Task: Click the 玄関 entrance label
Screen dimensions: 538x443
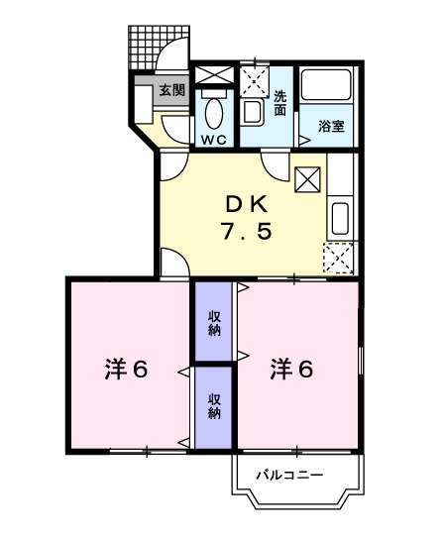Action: click(x=170, y=89)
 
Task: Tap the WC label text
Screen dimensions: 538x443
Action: click(x=213, y=140)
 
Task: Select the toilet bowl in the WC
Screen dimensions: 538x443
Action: click(x=213, y=111)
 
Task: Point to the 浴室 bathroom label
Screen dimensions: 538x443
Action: click(x=331, y=126)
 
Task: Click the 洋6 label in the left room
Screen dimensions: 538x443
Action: click(x=127, y=369)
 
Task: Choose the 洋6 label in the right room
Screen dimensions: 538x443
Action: click(x=292, y=369)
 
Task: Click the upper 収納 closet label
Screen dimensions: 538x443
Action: click(x=214, y=323)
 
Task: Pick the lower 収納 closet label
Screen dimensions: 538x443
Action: click(x=214, y=406)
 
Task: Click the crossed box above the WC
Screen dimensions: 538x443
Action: click(x=213, y=75)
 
